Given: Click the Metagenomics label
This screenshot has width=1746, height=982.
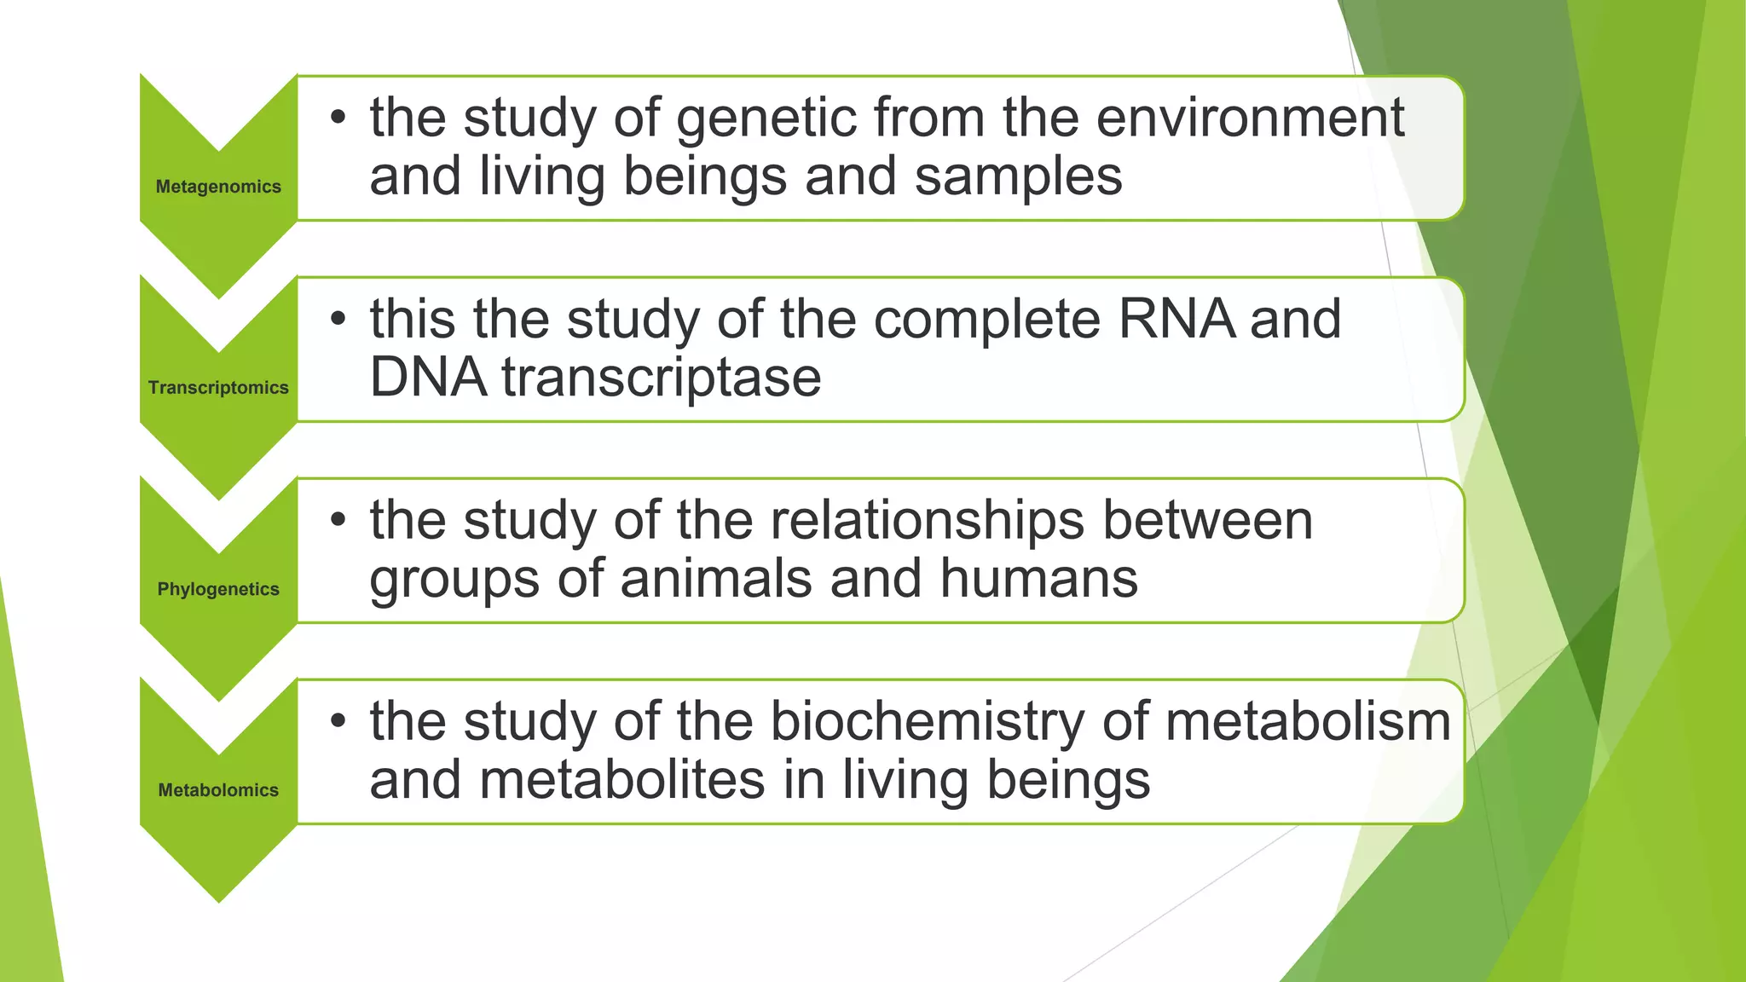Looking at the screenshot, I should click(x=218, y=187).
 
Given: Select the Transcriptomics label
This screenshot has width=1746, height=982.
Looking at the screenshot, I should click(x=218, y=388).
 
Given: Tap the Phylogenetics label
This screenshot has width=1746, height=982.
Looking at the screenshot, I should click(x=218, y=589).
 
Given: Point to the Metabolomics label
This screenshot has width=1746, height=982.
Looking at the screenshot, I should click(x=218, y=790).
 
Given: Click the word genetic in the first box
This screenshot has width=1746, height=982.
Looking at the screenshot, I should click(x=766, y=118).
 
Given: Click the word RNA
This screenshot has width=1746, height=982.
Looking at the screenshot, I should click(x=1176, y=319).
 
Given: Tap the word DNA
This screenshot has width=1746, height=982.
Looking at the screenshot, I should click(x=428, y=378).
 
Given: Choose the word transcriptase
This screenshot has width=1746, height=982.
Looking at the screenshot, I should click(x=662, y=378).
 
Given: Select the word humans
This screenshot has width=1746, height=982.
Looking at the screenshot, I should click(x=1038, y=579).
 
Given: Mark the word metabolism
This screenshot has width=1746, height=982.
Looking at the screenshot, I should click(x=1308, y=722).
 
